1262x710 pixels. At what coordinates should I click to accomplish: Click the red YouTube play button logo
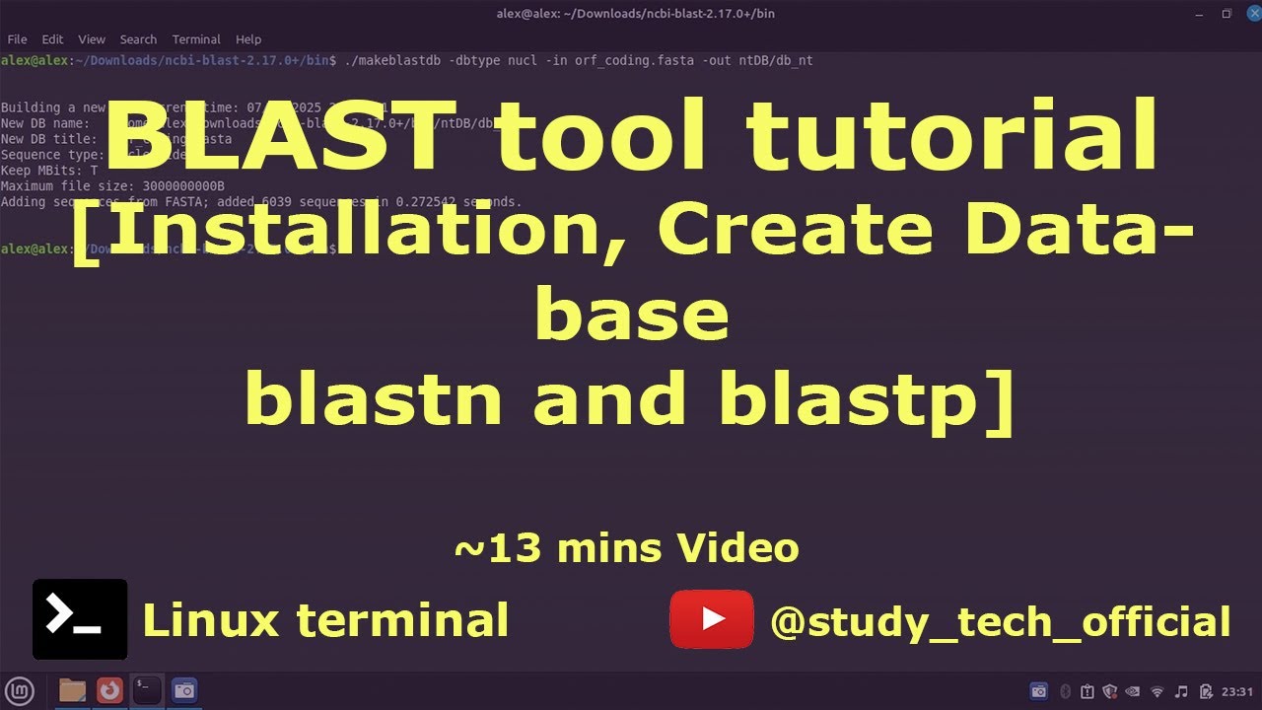click(x=711, y=619)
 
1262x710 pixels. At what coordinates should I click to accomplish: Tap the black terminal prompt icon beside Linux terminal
click(x=80, y=618)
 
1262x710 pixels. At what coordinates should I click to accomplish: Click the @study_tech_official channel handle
click(x=1000, y=622)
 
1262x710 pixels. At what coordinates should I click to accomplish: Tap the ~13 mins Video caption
click(x=626, y=547)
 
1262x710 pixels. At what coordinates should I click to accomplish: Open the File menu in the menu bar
click(x=17, y=39)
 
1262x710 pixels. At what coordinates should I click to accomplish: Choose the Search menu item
click(x=138, y=39)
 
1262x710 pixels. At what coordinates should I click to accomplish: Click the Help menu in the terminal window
click(x=248, y=39)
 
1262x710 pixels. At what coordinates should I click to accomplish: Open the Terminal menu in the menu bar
click(x=196, y=39)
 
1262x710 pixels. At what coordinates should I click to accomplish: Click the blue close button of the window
click(x=1248, y=13)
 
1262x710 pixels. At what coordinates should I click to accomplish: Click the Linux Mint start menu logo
click(x=21, y=690)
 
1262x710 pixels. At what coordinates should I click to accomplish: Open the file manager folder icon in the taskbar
click(x=72, y=690)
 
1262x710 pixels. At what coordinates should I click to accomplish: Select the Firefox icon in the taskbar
click(x=109, y=690)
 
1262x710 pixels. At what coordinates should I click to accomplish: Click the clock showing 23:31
click(x=1236, y=691)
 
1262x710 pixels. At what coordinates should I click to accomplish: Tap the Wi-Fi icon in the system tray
click(x=1157, y=691)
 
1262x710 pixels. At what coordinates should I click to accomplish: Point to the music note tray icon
click(x=1181, y=691)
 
